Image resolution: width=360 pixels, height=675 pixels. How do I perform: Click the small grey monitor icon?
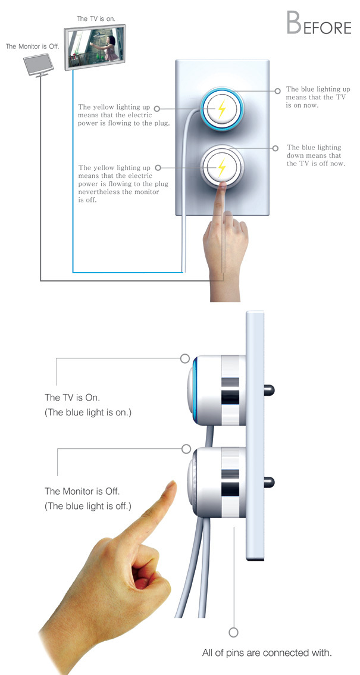click(39, 64)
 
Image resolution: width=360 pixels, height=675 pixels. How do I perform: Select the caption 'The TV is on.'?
click(96, 19)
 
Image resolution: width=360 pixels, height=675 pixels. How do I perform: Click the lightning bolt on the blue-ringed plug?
click(221, 109)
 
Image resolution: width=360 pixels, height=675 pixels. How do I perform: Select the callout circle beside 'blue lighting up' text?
click(277, 92)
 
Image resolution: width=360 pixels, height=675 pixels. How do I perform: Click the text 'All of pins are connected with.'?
click(266, 654)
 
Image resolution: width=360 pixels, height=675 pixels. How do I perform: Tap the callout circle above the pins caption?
click(233, 632)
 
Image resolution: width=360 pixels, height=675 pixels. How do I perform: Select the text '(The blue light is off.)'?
click(88, 507)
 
